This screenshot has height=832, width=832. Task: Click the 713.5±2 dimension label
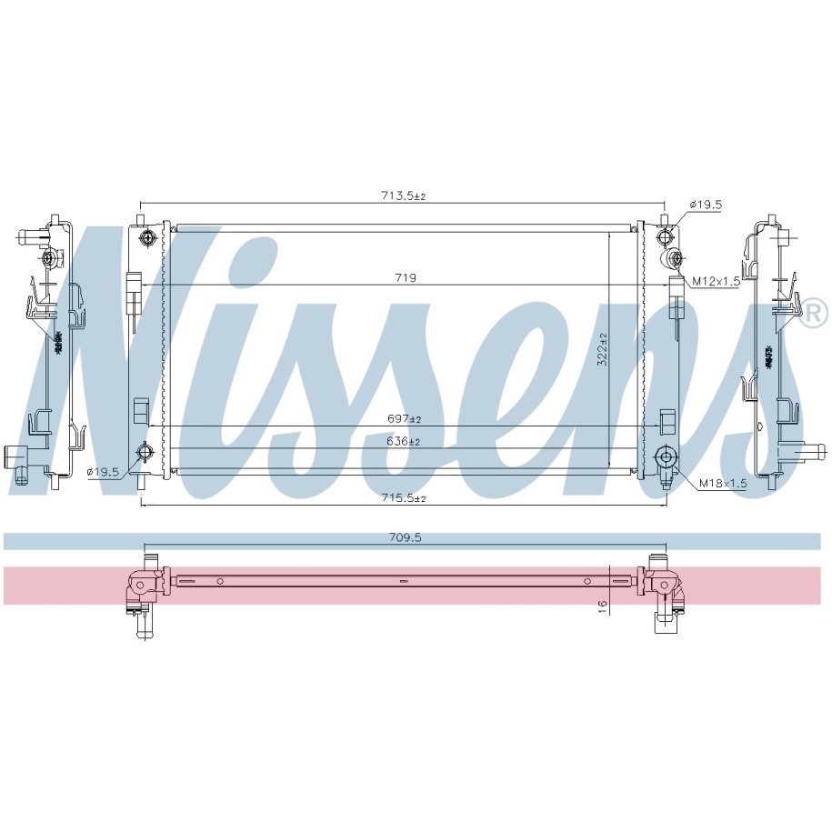pyautogui.click(x=403, y=195)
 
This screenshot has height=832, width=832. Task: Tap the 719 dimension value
pyautogui.click(x=406, y=277)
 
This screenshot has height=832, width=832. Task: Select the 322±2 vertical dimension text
pyautogui.click(x=602, y=349)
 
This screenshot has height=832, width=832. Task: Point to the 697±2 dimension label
pyautogui.click(x=404, y=418)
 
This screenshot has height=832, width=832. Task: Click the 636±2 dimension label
pyautogui.click(x=404, y=441)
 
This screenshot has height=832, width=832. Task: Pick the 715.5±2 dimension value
pyautogui.click(x=404, y=497)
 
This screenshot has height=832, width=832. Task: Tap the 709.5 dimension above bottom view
pyautogui.click(x=405, y=537)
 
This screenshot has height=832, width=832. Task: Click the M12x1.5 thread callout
pyautogui.click(x=716, y=281)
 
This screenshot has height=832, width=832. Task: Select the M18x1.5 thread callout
pyautogui.click(x=723, y=484)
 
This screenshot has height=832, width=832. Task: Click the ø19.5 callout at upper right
pyautogui.click(x=706, y=205)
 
